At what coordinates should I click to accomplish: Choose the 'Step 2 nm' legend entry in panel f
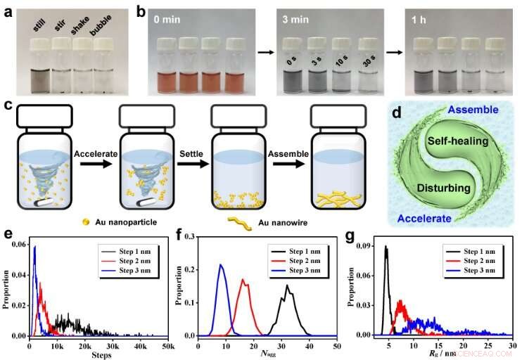pos(305,253)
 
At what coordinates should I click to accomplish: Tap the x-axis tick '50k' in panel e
pos(167,342)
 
